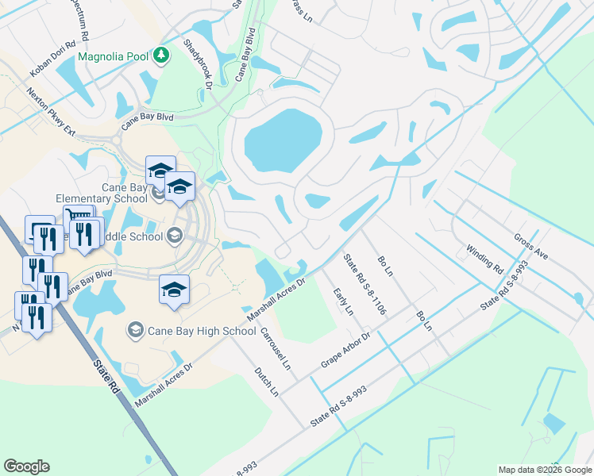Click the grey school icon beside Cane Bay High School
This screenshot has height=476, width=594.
136,329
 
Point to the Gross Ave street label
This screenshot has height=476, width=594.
532,248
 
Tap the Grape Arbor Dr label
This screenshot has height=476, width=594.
346,350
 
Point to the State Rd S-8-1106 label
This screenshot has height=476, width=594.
364,284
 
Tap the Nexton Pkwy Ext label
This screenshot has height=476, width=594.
51,111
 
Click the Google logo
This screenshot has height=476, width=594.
26,466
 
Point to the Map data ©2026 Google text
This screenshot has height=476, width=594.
544,470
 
